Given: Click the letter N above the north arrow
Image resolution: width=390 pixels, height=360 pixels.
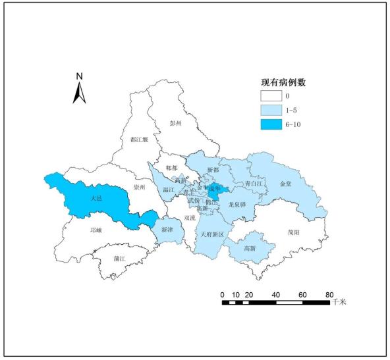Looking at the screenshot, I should click(x=79, y=76).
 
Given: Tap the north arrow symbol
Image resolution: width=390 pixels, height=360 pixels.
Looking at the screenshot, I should click(x=80, y=93).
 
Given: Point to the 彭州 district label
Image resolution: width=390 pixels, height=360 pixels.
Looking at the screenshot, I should click(x=175, y=122).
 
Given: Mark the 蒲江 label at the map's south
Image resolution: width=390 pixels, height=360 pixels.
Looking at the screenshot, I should click(x=119, y=259).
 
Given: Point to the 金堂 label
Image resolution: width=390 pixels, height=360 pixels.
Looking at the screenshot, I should click(x=286, y=184).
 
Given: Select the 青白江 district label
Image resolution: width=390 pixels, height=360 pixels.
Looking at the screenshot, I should click(x=254, y=184).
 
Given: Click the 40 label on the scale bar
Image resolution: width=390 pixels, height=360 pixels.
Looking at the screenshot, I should click(x=275, y=294).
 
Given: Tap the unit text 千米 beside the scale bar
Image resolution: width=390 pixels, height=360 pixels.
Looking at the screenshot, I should click(x=339, y=302).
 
